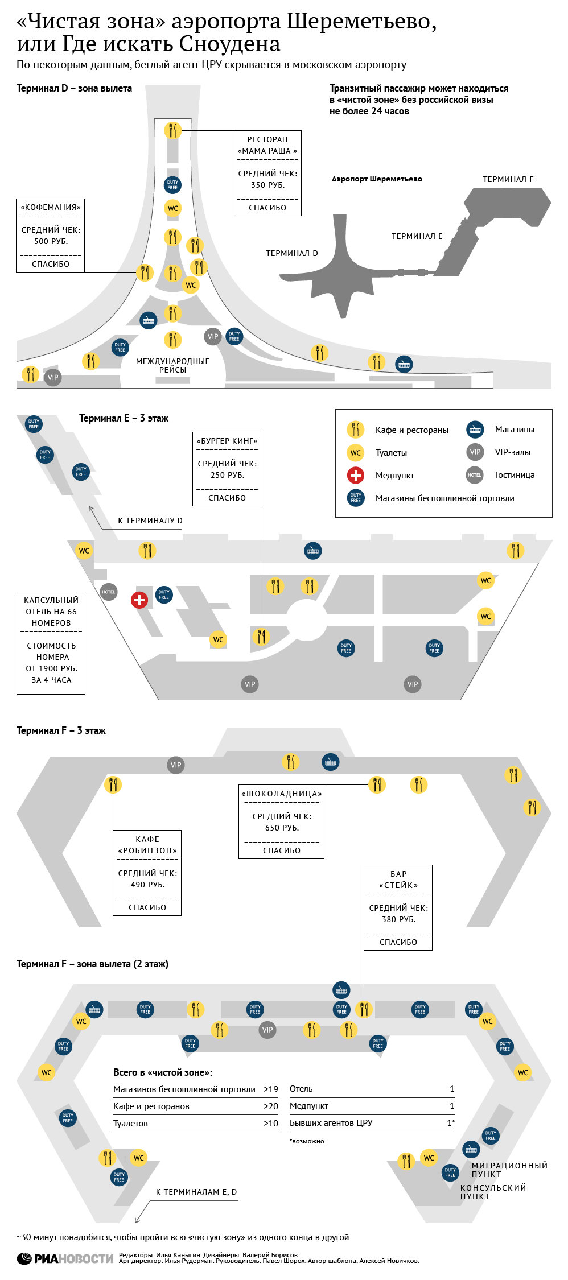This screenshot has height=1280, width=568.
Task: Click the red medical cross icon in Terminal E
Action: (139, 600)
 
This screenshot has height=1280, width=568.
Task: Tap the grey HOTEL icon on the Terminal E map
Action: (108, 592)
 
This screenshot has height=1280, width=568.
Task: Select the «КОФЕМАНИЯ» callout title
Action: (51, 207)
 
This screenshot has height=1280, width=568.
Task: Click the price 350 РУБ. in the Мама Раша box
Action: (267, 185)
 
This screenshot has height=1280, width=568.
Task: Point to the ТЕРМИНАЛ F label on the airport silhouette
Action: (508, 179)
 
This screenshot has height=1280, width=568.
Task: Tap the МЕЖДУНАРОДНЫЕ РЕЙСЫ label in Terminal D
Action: (172, 365)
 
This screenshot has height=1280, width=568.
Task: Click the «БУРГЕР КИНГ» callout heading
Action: (227, 441)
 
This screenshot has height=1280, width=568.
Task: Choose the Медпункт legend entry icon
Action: (356, 475)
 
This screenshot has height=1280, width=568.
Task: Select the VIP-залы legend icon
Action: (475, 452)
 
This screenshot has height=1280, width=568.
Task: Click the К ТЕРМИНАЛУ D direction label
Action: (150, 521)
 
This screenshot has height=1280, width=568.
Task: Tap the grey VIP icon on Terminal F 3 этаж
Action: (176, 765)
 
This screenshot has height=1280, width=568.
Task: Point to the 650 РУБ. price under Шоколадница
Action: (282, 828)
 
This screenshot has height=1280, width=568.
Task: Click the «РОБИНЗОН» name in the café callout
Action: (147, 850)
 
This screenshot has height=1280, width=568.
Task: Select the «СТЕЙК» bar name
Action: (398, 885)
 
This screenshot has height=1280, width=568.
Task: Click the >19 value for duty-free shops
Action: (271, 1089)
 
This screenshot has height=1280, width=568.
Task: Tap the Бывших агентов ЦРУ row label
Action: (331, 1123)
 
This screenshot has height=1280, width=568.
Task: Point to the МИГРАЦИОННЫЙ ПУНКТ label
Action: (509, 1170)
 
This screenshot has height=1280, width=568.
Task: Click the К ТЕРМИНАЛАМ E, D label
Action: (196, 1192)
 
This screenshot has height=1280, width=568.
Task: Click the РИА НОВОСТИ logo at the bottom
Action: (65, 1259)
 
